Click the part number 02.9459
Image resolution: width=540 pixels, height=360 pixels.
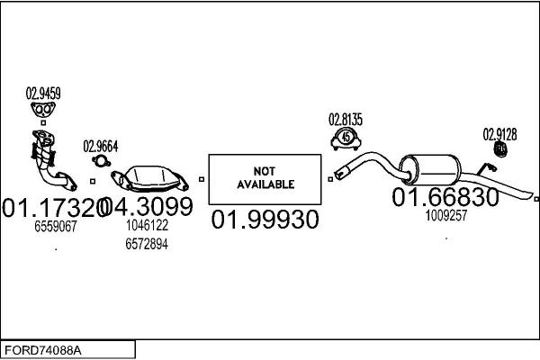pyautogui.click(x=43, y=92)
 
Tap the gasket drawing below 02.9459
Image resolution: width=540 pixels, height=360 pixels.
pyautogui.click(x=42, y=112)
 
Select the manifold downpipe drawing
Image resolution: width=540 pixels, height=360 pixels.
pyautogui.click(x=47, y=162)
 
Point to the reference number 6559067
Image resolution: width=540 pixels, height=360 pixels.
pyautogui.click(x=57, y=228)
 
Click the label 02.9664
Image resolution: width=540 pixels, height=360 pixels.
pyautogui.click(x=101, y=146)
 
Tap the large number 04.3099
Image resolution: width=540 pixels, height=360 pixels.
pyautogui.click(x=150, y=208)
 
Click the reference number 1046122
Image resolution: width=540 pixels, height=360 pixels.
pyautogui.click(x=147, y=227)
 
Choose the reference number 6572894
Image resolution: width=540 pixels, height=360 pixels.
pyautogui.click(x=147, y=244)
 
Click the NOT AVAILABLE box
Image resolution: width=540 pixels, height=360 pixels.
pyautogui.click(x=265, y=177)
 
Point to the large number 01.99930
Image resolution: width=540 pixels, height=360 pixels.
pyautogui.click(x=265, y=219)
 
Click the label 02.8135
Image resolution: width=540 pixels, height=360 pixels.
pyautogui.click(x=346, y=118)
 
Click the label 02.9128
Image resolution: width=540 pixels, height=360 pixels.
pyautogui.click(x=500, y=135)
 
